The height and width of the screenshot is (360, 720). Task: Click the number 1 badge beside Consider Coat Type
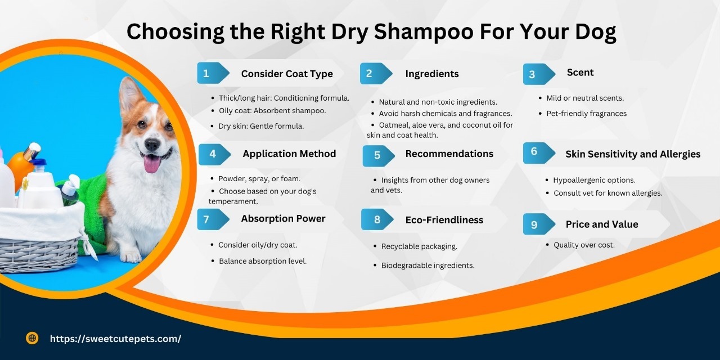pos(206,73)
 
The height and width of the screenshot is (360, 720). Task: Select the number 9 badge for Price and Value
pos(534,224)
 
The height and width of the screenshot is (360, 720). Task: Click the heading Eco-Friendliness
pos(444,220)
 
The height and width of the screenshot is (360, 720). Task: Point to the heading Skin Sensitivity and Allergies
pos(633,154)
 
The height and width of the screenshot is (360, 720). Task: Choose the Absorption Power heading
pos(283,219)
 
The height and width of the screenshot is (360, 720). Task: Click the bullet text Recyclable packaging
pos(419,246)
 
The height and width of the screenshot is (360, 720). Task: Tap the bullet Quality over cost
pos(584,245)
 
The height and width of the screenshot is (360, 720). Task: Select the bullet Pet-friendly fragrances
pos(586,113)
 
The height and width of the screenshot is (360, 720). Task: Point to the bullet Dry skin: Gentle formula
pos(261,126)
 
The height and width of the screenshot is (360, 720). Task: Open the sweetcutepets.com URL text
pos(115,339)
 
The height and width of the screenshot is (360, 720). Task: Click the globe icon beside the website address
pos(32,338)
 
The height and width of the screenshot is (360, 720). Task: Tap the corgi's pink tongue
pos(151,164)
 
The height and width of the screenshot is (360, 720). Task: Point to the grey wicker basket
pos(39,247)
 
